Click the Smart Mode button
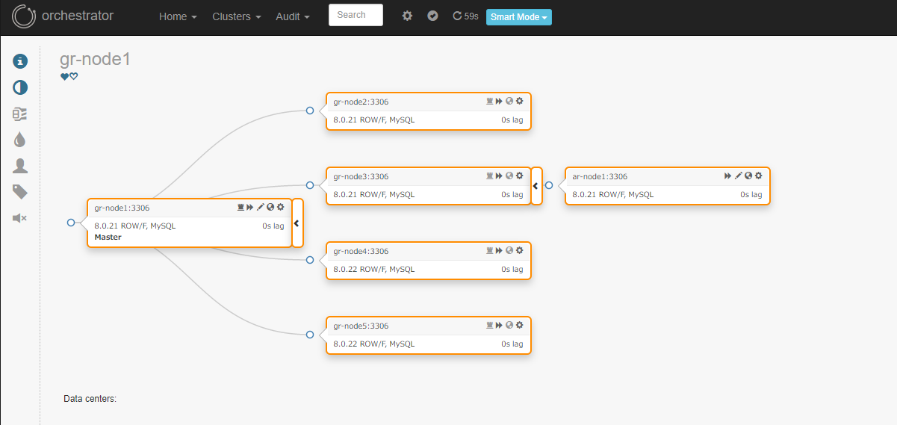(x=518, y=17)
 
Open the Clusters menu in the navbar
(x=236, y=16)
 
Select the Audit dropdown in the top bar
(x=292, y=16)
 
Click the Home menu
(x=178, y=16)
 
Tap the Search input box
(x=356, y=15)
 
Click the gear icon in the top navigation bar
(x=407, y=16)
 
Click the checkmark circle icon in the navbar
(x=432, y=16)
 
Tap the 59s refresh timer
(x=465, y=16)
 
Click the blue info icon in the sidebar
(x=20, y=61)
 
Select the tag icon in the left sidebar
(x=20, y=192)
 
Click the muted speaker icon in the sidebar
(x=19, y=218)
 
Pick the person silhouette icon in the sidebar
(x=20, y=166)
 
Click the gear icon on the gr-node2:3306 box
(x=519, y=101)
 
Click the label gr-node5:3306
(x=361, y=326)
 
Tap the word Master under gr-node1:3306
(x=108, y=237)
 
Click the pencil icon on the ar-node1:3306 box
(x=738, y=176)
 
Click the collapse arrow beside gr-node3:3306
(x=536, y=186)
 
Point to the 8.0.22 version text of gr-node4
(x=345, y=269)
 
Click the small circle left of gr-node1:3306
(x=71, y=223)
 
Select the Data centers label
(x=90, y=399)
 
